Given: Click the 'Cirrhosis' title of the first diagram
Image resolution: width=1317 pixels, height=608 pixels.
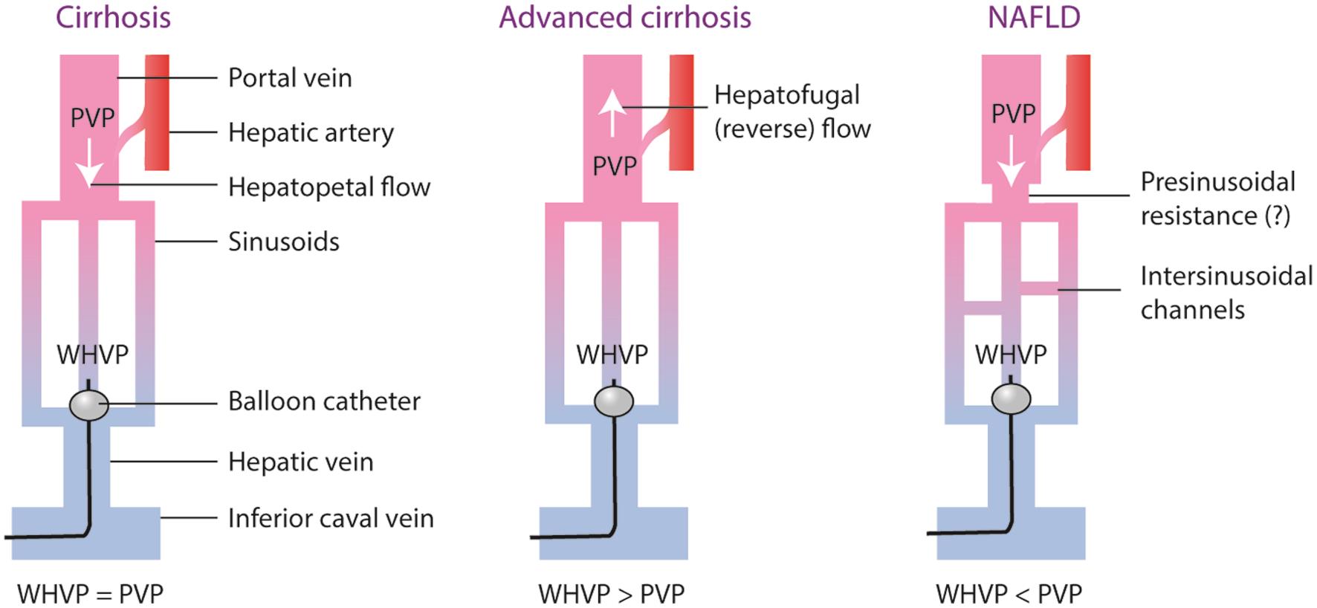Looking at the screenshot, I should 113,17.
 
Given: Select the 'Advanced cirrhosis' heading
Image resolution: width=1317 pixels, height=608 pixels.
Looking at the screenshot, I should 624,17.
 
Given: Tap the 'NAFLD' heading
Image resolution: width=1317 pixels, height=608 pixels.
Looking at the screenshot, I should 1033,17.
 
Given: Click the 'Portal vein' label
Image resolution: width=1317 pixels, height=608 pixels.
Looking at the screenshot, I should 290,77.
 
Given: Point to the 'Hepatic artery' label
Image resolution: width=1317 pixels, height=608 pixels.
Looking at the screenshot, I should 311,132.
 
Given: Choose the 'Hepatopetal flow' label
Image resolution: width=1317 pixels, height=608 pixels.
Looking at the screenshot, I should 329,187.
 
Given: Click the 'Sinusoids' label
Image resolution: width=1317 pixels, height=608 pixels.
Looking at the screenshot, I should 283,242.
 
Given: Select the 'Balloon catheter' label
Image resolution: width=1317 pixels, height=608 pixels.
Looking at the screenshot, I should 324,401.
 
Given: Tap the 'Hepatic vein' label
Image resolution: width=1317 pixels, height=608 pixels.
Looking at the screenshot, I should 300,462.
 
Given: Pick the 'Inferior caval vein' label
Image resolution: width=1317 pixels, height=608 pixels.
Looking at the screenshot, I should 331,518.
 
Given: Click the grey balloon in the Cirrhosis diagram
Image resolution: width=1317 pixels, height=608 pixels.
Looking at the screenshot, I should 89,404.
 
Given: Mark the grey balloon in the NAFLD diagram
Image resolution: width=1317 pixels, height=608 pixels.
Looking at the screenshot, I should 1011,399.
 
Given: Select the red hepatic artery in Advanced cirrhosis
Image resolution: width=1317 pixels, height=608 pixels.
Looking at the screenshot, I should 682,111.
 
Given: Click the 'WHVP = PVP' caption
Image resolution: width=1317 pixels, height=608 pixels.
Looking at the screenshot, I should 90,594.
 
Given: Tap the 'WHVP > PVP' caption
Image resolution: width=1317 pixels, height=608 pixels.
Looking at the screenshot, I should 611,594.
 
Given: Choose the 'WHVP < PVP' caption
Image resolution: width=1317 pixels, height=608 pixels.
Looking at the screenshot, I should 1009,594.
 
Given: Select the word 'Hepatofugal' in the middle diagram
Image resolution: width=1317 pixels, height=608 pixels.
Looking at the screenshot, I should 786,95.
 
